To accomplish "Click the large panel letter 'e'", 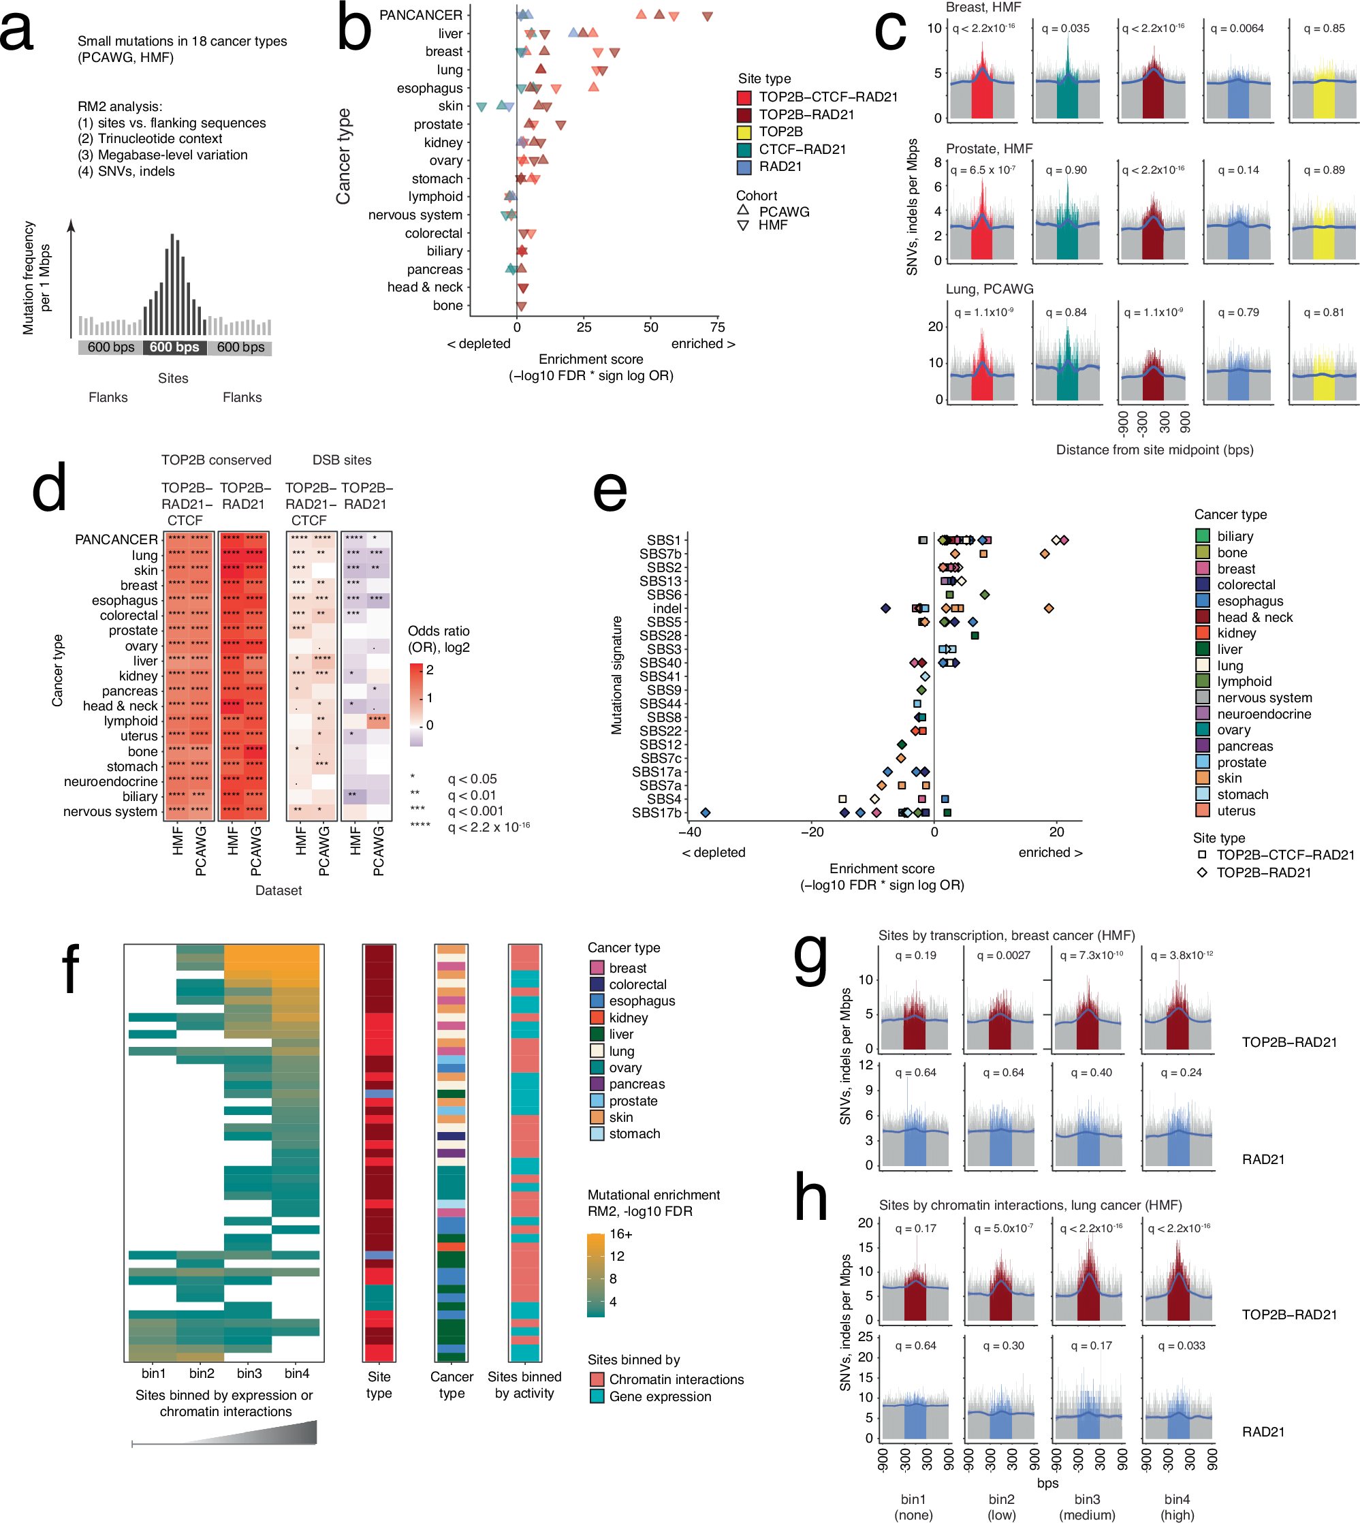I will [609, 492].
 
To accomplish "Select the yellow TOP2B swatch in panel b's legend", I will [744, 132].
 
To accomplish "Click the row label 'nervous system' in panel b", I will [415, 215].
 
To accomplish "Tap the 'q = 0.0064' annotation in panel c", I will [1237, 29].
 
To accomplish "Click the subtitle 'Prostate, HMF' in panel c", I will [989, 148].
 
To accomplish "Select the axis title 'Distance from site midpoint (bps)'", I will [1154, 450].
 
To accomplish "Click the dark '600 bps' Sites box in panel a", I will [174, 347].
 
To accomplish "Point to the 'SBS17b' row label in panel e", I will [656, 813].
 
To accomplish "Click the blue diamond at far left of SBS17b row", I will [705, 813].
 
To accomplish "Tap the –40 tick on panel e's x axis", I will [689, 832].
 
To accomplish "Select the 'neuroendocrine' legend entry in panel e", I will [1263, 715].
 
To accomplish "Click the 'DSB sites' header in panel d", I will [341, 460].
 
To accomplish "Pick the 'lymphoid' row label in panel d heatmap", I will [131, 721].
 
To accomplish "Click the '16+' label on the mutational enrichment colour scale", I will [620, 1234].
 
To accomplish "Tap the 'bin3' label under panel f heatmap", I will [249, 1374].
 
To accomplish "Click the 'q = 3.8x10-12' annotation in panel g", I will [1181, 955].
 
